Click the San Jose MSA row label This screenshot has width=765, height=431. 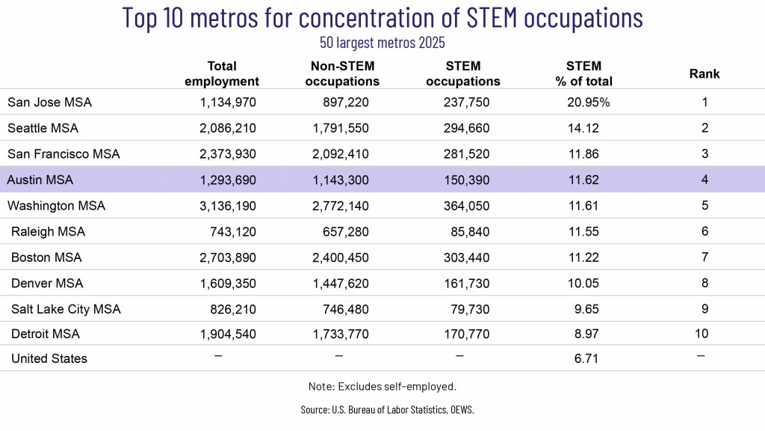click(x=49, y=102)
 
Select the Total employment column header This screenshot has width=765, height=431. click(x=221, y=73)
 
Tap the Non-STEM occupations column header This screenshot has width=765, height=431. click(x=342, y=73)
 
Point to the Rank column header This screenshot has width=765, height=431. click(x=704, y=74)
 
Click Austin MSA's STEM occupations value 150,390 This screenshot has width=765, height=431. click(x=466, y=180)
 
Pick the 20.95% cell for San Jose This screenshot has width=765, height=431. click(x=589, y=102)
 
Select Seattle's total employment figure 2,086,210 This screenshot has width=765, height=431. click(x=227, y=128)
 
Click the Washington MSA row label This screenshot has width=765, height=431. click(x=56, y=206)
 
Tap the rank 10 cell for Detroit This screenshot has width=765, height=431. click(x=701, y=334)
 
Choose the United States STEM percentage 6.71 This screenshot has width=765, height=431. click(x=586, y=358)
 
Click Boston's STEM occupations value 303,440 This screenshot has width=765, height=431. click(x=466, y=257)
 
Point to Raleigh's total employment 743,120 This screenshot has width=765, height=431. click(x=233, y=232)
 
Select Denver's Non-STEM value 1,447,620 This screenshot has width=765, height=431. click(x=341, y=284)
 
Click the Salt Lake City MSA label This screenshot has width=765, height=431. click(x=66, y=309)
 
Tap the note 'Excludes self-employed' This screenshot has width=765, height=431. click(x=382, y=387)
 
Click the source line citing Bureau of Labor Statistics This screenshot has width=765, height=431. click(x=388, y=409)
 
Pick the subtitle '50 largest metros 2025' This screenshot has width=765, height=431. click(x=382, y=43)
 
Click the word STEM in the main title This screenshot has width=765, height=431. click(x=492, y=18)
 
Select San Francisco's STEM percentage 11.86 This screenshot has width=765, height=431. click(x=583, y=154)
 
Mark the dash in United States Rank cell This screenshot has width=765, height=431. click(x=701, y=356)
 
